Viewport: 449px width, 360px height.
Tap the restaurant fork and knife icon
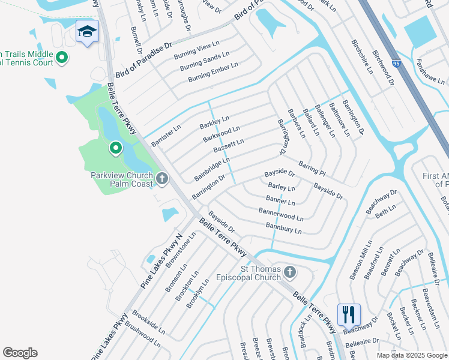(x=348, y=314)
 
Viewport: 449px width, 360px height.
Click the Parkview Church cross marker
(x=162, y=178)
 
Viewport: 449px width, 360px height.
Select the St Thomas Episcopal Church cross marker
(x=289, y=273)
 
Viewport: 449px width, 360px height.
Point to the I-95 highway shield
(x=413, y=62)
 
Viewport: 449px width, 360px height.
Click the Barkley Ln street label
(x=214, y=123)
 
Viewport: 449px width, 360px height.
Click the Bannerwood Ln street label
(x=281, y=214)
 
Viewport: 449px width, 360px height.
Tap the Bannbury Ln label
(x=283, y=228)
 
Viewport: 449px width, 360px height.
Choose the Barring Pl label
(x=312, y=168)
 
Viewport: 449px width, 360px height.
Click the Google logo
(x=20, y=353)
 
